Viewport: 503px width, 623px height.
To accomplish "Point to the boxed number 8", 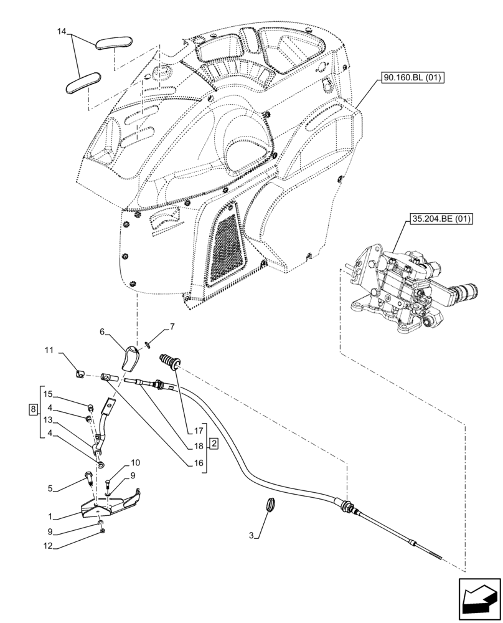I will [x=32, y=409].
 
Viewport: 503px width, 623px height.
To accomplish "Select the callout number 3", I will [x=251, y=536].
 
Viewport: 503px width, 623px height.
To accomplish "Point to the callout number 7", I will [x=172, y=326].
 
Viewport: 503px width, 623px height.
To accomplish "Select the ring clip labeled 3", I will [x=271, y=504].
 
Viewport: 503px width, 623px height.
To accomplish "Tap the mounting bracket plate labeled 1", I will [x=109, y=505].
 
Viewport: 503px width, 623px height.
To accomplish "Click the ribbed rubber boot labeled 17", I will [x=169, y=361].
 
